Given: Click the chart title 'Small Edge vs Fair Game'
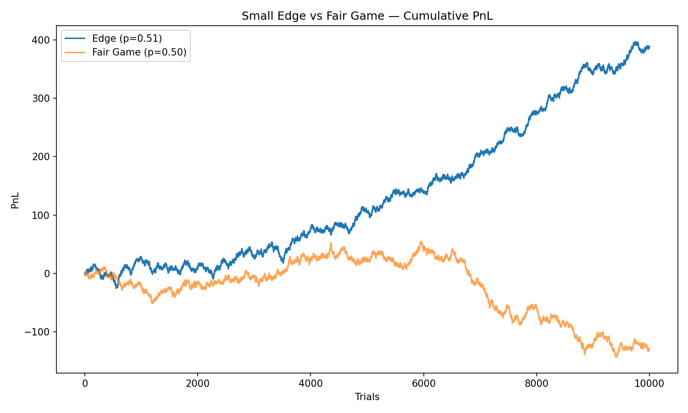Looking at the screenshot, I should point(367,16).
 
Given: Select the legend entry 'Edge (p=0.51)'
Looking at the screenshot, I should point(127,39).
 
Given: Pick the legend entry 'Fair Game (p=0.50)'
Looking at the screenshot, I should point(139,52).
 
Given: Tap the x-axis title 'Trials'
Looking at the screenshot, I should point(367,397).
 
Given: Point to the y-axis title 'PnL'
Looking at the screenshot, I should point(15,200).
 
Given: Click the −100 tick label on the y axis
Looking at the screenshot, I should point(41,332).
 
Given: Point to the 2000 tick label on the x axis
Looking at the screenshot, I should point(198,384).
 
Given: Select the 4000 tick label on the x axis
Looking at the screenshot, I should point(311,384).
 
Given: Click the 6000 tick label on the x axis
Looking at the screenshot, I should point(423,384).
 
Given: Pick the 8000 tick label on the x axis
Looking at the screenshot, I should point(536,384).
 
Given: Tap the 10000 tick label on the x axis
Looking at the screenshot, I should point(649,384).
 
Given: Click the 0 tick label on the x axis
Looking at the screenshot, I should point(85,384).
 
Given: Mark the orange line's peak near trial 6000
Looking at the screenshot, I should point(421,242).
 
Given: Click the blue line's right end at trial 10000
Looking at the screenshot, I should point(649,47).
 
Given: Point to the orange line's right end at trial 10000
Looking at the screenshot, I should point(649,349).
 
